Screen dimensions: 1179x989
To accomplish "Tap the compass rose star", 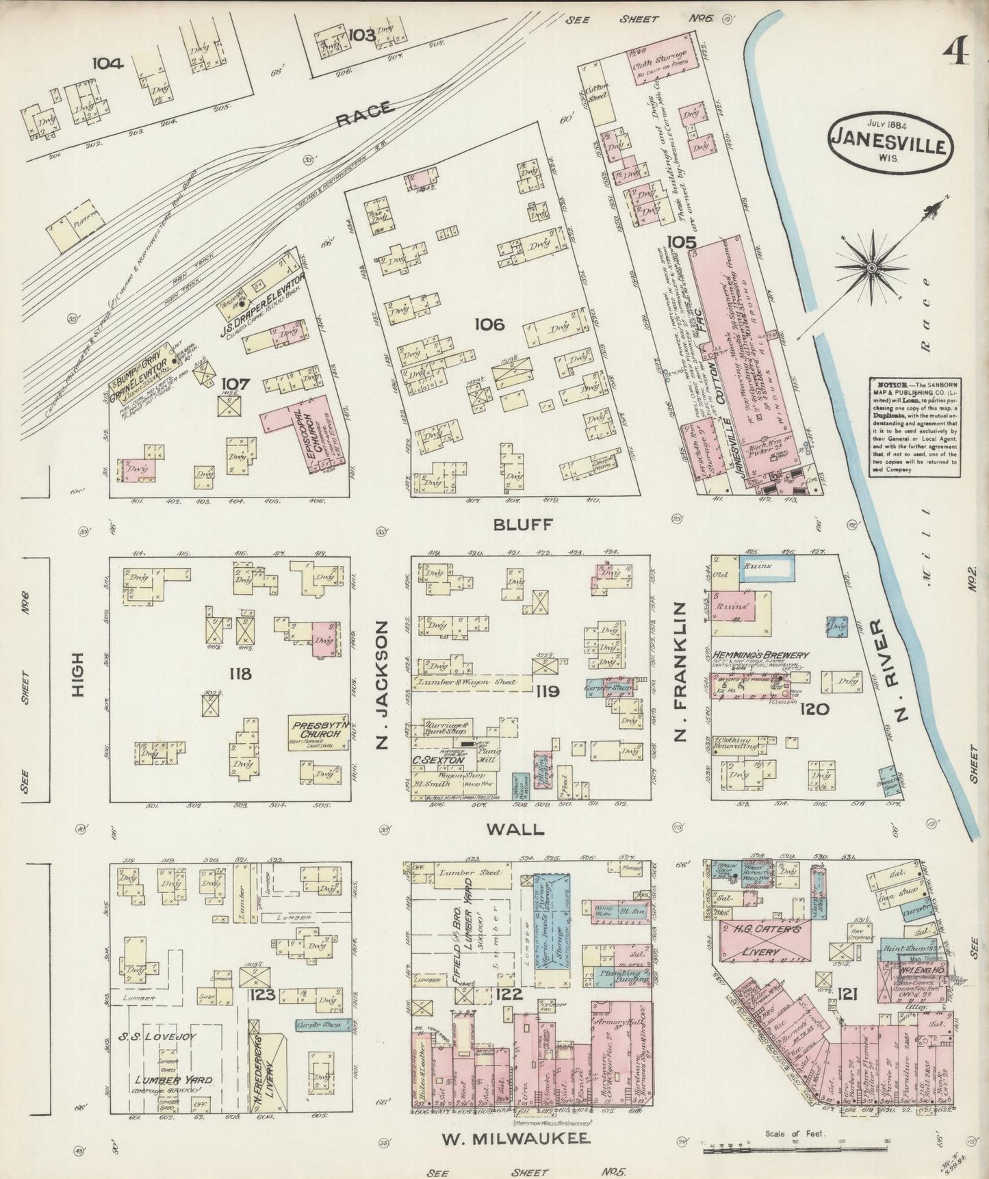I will [x=871, y=268].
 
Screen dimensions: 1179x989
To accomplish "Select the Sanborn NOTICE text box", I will [x=913, y=427].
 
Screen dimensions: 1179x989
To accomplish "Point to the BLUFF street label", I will [x=522, y=525].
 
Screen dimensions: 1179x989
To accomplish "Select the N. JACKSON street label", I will [x=383, y=685].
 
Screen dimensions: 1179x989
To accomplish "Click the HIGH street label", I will [x=77, y=675].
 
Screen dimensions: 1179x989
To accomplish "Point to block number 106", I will [x=489, y=324].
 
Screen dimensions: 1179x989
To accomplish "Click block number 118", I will [x=240, y=674].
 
